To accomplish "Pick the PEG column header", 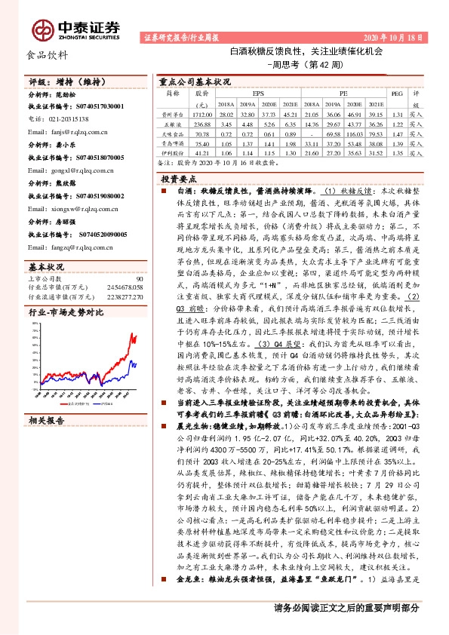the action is pyautogui.click(x=397, y=94).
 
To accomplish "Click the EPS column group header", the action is pyautogui.click(x=258, y=94).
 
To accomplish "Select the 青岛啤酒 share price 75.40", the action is pyautogui.click(x=201, y=143).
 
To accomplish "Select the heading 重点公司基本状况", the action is pyautogui.click(x=195, y=81).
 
